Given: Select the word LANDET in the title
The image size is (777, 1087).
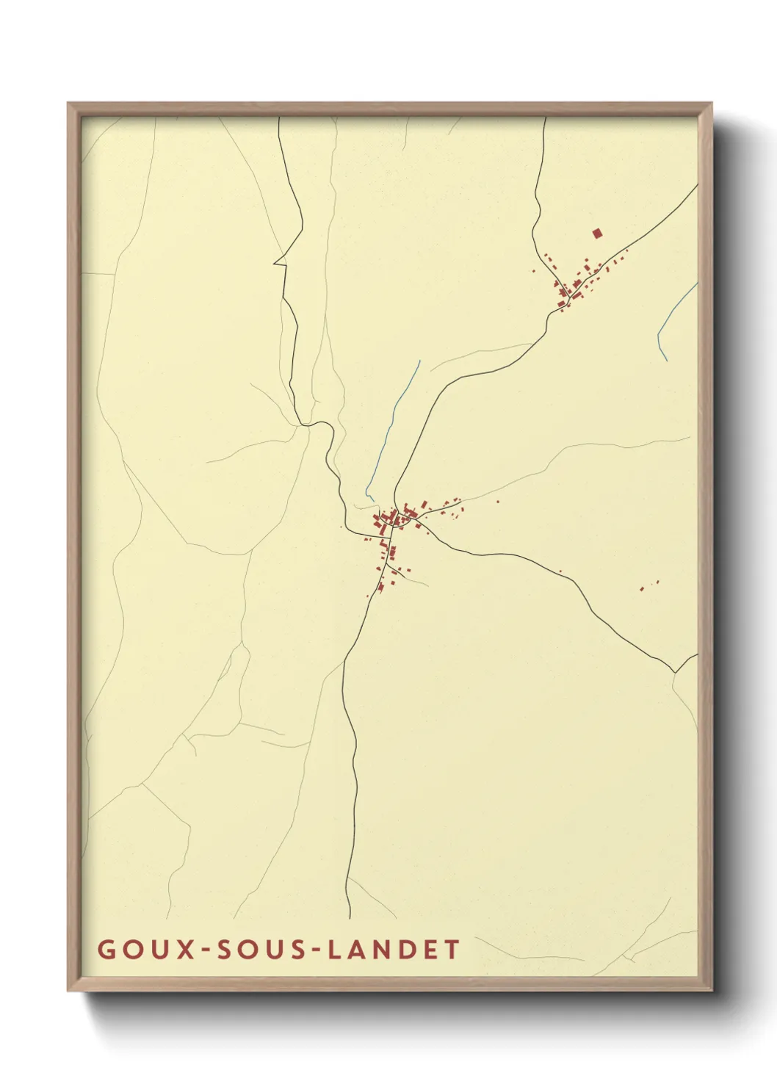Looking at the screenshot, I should click(x=394, y=949).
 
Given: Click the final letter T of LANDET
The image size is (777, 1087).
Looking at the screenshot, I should click(x=452, y=949).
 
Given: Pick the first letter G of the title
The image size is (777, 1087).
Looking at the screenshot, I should click(x=106, y=949).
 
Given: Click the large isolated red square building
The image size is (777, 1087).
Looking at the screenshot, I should click(x=597, y=234).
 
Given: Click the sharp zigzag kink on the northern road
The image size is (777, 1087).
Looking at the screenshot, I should click(x=280, y=261).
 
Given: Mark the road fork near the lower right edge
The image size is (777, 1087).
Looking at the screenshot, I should click(x=674, y=671).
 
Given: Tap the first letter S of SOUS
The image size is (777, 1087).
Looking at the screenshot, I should click(x=229, y=949).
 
